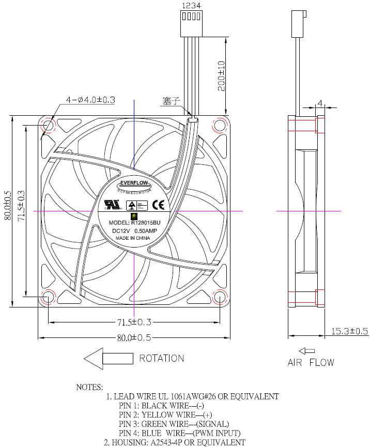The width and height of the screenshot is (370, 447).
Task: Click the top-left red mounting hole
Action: tap(48, 126)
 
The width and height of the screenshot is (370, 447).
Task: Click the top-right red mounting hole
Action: tap(220, 126)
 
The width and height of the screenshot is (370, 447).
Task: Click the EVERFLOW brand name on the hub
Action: tap(134, 183)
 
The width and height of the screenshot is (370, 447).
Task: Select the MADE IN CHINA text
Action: tap(133, 238)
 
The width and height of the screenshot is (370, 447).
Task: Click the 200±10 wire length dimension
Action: tap(221, 75)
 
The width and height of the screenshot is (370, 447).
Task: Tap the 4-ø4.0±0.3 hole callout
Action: tap(90, 100)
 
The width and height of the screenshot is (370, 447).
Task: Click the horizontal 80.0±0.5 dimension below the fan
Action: tap(133, 338)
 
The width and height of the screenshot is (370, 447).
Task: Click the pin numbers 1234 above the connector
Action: tap(191, 6)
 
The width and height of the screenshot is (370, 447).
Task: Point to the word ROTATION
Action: tap(161, 358)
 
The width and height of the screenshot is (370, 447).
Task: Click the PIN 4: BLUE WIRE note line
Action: tap(179, 433)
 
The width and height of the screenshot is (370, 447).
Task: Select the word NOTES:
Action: tap(89, 387)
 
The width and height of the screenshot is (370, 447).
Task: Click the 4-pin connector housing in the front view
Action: tap(191, 23)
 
